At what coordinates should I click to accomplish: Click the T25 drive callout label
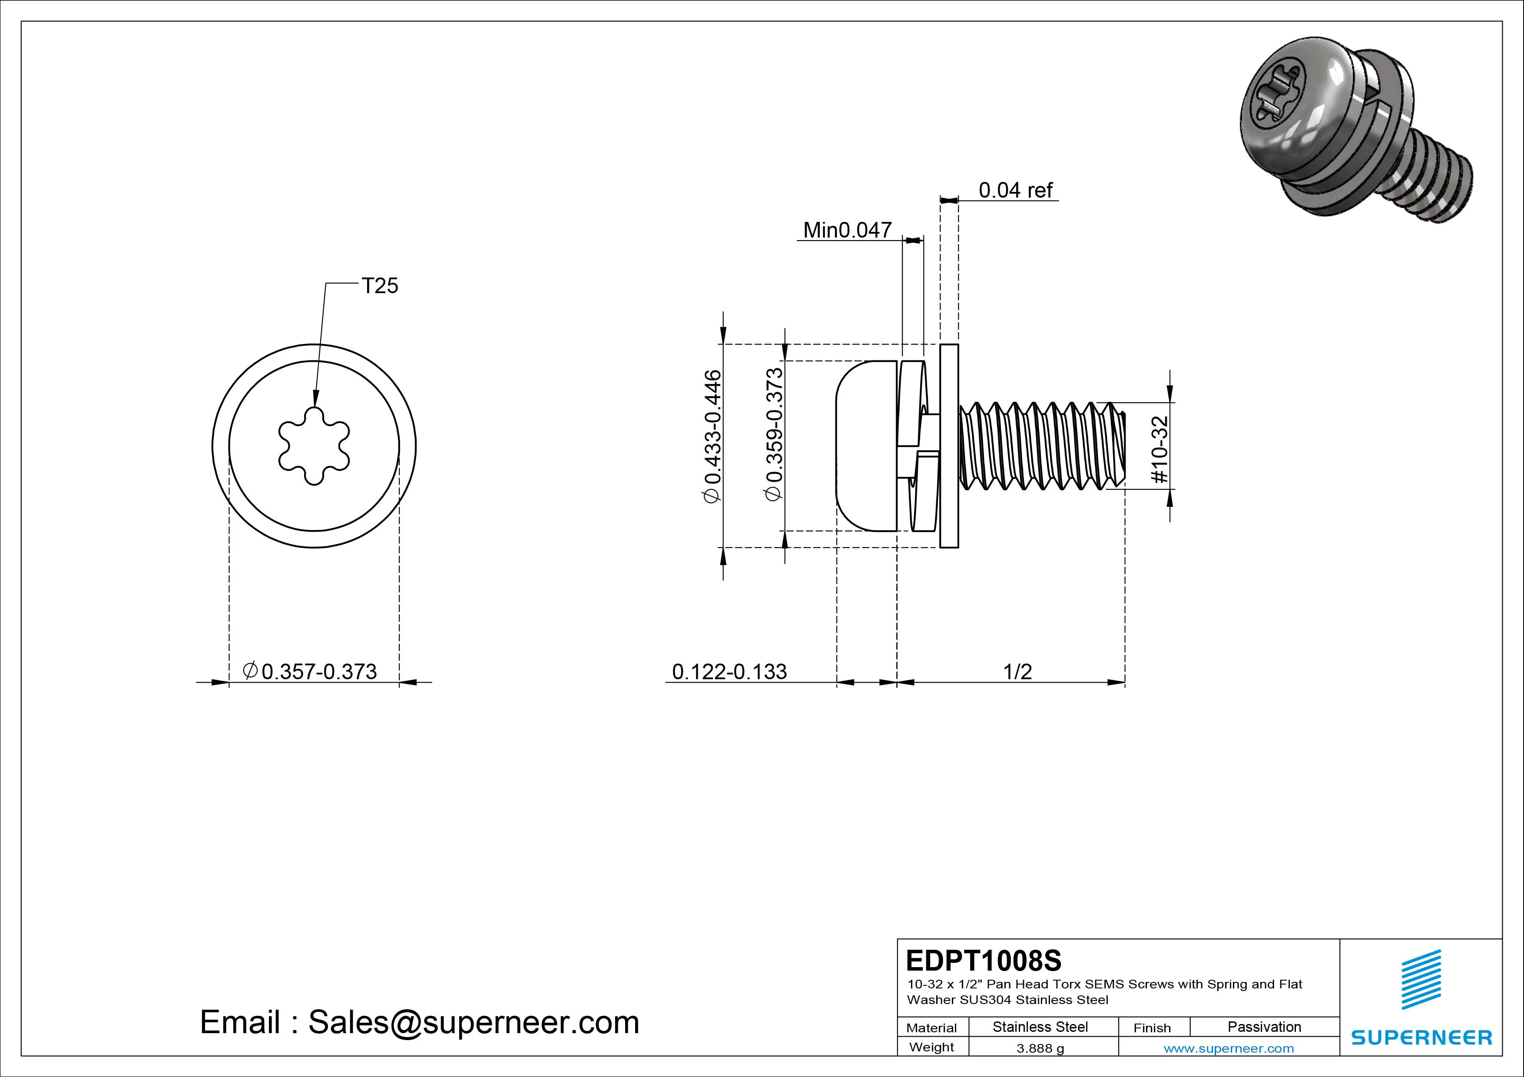380,286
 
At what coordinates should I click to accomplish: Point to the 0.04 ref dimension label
1016,191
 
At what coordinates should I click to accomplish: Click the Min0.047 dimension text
847,230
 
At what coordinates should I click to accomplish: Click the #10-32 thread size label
1159,449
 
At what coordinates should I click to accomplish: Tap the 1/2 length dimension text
1017,671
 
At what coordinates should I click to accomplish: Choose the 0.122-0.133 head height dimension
729,671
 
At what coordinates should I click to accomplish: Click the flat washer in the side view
949,446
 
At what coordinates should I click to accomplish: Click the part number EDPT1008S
983,960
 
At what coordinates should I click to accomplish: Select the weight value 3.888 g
1040,1048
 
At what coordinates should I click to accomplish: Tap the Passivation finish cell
1264,1027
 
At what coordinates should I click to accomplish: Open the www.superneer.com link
1229,1048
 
